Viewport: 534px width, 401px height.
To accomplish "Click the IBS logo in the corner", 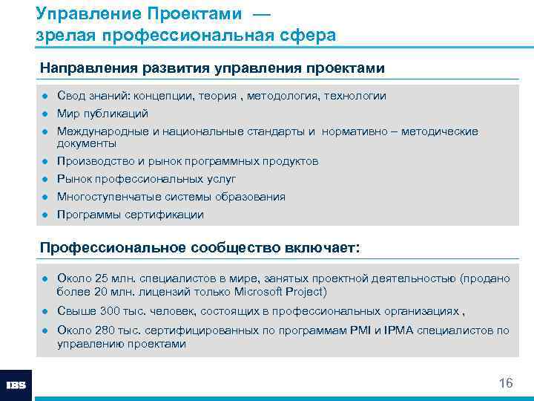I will [x=16, y=385].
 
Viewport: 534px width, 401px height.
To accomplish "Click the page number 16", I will [x=505, y=383].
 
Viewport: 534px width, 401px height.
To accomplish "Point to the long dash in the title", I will [x=260, y=14].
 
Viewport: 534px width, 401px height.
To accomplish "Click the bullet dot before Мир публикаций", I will [x=46, y=114].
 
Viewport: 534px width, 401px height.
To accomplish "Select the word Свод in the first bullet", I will [x=70, y=96].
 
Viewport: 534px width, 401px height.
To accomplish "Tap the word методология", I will [x=288, y=96].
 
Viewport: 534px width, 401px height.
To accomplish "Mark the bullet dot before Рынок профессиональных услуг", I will [x=46, y=179].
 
